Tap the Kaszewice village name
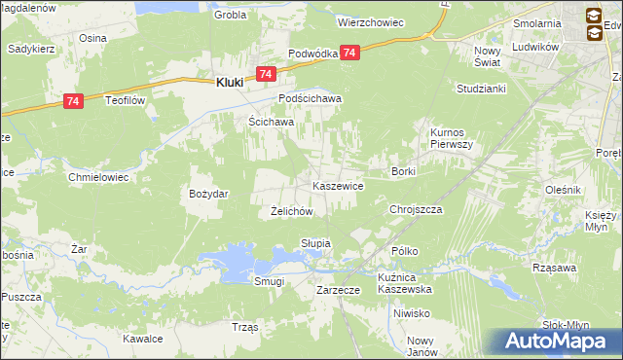coord(337,185)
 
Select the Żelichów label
coord(290,211)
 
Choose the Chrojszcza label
coord(416,209)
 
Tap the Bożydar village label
coord(208,194)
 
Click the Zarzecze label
coord(339,290)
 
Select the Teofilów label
coord(125,99)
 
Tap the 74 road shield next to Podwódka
coord(350,53)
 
